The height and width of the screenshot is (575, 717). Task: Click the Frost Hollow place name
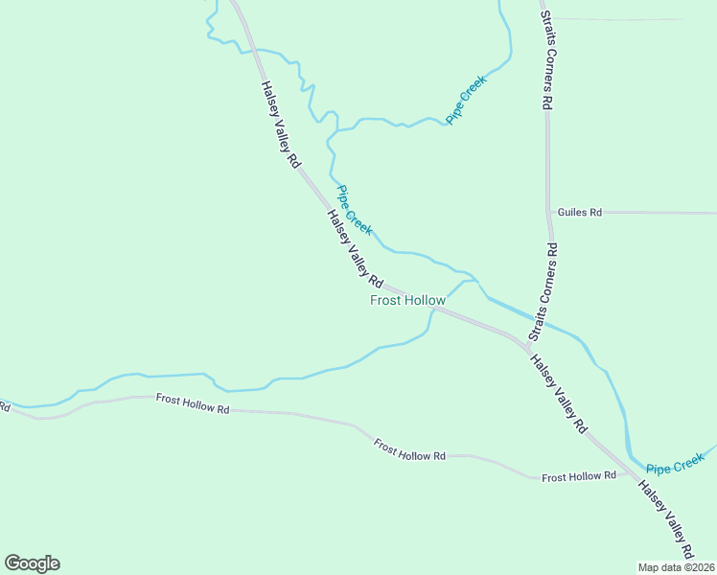[407, 300]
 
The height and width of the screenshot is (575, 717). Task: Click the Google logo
[32, 563]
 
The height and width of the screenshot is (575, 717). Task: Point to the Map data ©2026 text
[676, 566]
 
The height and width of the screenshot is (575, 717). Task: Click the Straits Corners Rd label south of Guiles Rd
[544, 292]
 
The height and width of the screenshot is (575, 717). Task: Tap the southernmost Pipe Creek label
[675, 468]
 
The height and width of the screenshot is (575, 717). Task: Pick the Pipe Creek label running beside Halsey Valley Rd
[354, 210]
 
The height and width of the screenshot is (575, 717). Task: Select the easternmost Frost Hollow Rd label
[578, 476]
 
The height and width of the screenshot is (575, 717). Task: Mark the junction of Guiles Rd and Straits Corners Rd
[548, 212]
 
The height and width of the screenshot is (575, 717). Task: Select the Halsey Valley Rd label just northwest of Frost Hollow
[355, 249]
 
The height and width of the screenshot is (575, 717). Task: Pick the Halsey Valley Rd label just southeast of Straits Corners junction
[559, 395]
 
